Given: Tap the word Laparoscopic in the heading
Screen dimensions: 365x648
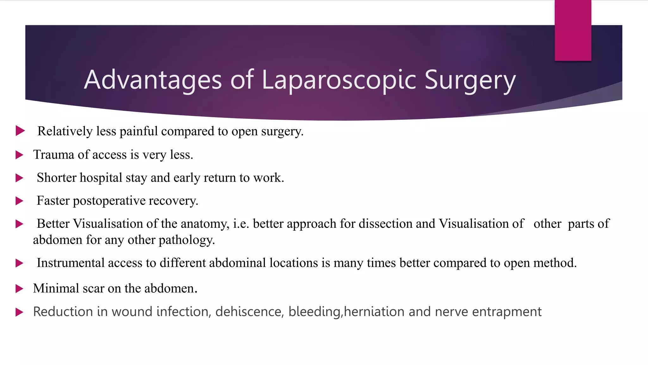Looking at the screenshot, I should (x=339, y=80).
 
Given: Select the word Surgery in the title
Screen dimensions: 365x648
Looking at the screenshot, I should (x=470, y=80).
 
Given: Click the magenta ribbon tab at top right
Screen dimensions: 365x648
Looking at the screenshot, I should (x=573, y=30).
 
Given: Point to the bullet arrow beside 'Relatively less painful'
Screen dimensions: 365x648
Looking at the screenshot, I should (x=20, y=131).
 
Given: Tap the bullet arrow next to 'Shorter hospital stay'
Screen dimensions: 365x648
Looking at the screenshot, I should (x=20, y=178).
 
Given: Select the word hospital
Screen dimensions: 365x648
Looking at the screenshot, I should (x=101, y=178).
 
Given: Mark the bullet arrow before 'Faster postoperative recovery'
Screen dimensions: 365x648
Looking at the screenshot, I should (x=20, y=201).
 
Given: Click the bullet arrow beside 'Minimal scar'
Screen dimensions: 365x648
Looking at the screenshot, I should (x=20, y=289).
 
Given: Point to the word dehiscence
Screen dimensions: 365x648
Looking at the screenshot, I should (x=249, y=312).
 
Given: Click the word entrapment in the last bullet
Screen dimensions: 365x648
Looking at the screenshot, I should (x=507, y=312).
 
